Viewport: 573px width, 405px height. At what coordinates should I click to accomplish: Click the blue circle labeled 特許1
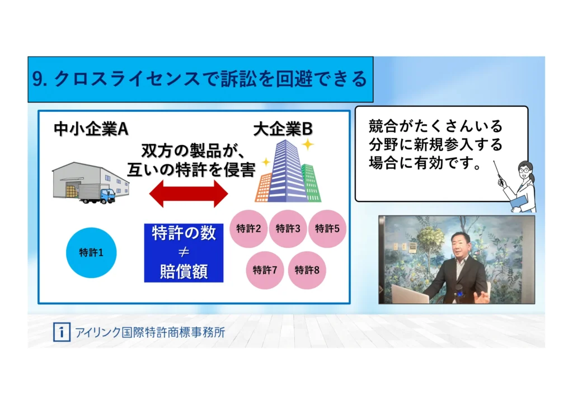pos(91,253)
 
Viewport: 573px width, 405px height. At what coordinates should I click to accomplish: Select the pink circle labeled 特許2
pos(248,229)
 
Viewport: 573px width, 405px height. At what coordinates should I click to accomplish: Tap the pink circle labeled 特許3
pos(288,229)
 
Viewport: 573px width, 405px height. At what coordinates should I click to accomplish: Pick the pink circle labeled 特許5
pos(327,229)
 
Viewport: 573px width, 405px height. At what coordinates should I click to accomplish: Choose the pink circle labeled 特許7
pos(265,270)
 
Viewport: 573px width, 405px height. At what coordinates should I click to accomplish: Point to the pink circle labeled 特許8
pos(307,270)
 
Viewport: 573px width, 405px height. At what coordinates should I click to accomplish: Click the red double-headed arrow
pos(189,194)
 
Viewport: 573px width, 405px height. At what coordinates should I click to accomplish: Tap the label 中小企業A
pos(91,129)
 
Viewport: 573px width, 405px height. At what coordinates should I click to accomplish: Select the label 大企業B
pos(283,129)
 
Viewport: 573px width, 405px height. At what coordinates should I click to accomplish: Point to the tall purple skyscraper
pos(287,171)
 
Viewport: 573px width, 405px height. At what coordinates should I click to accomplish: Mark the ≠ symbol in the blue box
pos(184,252)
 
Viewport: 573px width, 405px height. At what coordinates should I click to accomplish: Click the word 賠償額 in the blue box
pos(184,271)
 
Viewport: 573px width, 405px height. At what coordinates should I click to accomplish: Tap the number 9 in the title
pos(37,79)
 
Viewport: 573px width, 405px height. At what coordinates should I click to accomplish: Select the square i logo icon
pos(62,332)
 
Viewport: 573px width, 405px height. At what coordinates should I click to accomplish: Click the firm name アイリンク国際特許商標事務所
pos(150,332)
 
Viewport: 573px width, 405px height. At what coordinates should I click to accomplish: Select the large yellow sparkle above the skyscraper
pos(308,144)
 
